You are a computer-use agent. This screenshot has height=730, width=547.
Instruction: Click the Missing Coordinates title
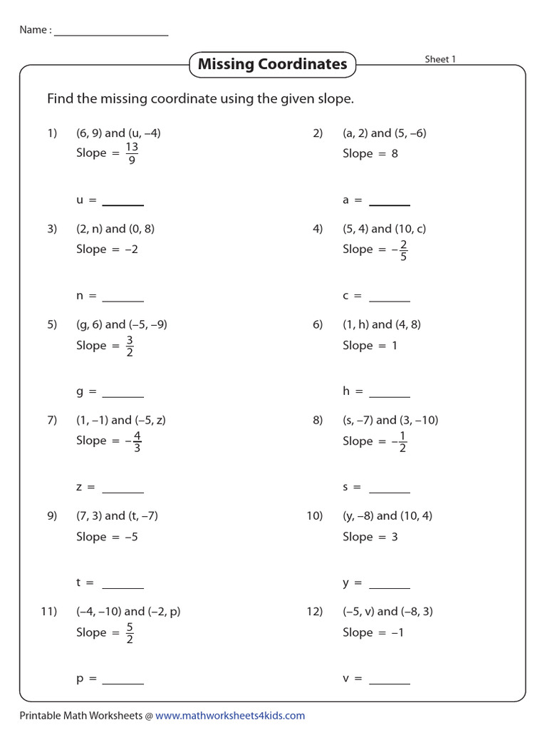coord(272,64)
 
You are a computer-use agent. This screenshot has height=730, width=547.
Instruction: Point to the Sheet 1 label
coord(440,59)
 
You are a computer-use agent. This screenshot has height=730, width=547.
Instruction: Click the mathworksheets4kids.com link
coord(230,715)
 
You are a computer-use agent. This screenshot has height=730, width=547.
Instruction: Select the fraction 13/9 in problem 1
coord(132,153)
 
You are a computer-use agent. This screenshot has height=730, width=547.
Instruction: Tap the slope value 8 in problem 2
coord(395,153)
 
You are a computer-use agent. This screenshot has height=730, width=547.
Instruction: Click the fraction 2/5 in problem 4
coord(403,250)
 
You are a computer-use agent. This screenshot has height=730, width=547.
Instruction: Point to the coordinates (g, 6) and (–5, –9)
coord(122,324)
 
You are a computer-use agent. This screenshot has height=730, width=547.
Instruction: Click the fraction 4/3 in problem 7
coord(137,441)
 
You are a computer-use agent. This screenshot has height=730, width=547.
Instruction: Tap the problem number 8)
coord(318,420)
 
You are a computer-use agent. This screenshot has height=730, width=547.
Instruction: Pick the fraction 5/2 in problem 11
coord(130,632)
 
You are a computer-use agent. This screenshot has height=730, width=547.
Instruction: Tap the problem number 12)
coord(315,612)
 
